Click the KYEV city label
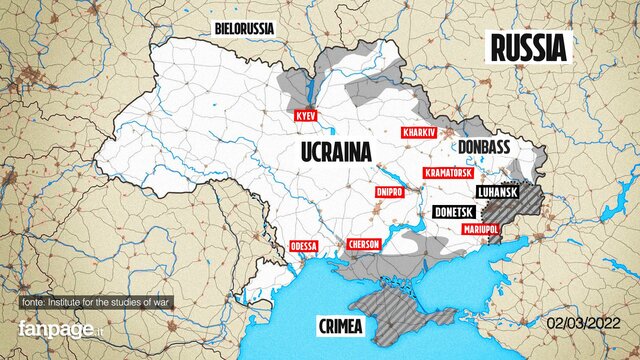(305, 117)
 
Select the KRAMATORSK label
(448, 173)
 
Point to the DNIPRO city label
(388, 192)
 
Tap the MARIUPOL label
(481, 229)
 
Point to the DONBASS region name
(483, 147)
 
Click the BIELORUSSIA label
(244, 28)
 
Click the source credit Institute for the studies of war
(108, 303)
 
